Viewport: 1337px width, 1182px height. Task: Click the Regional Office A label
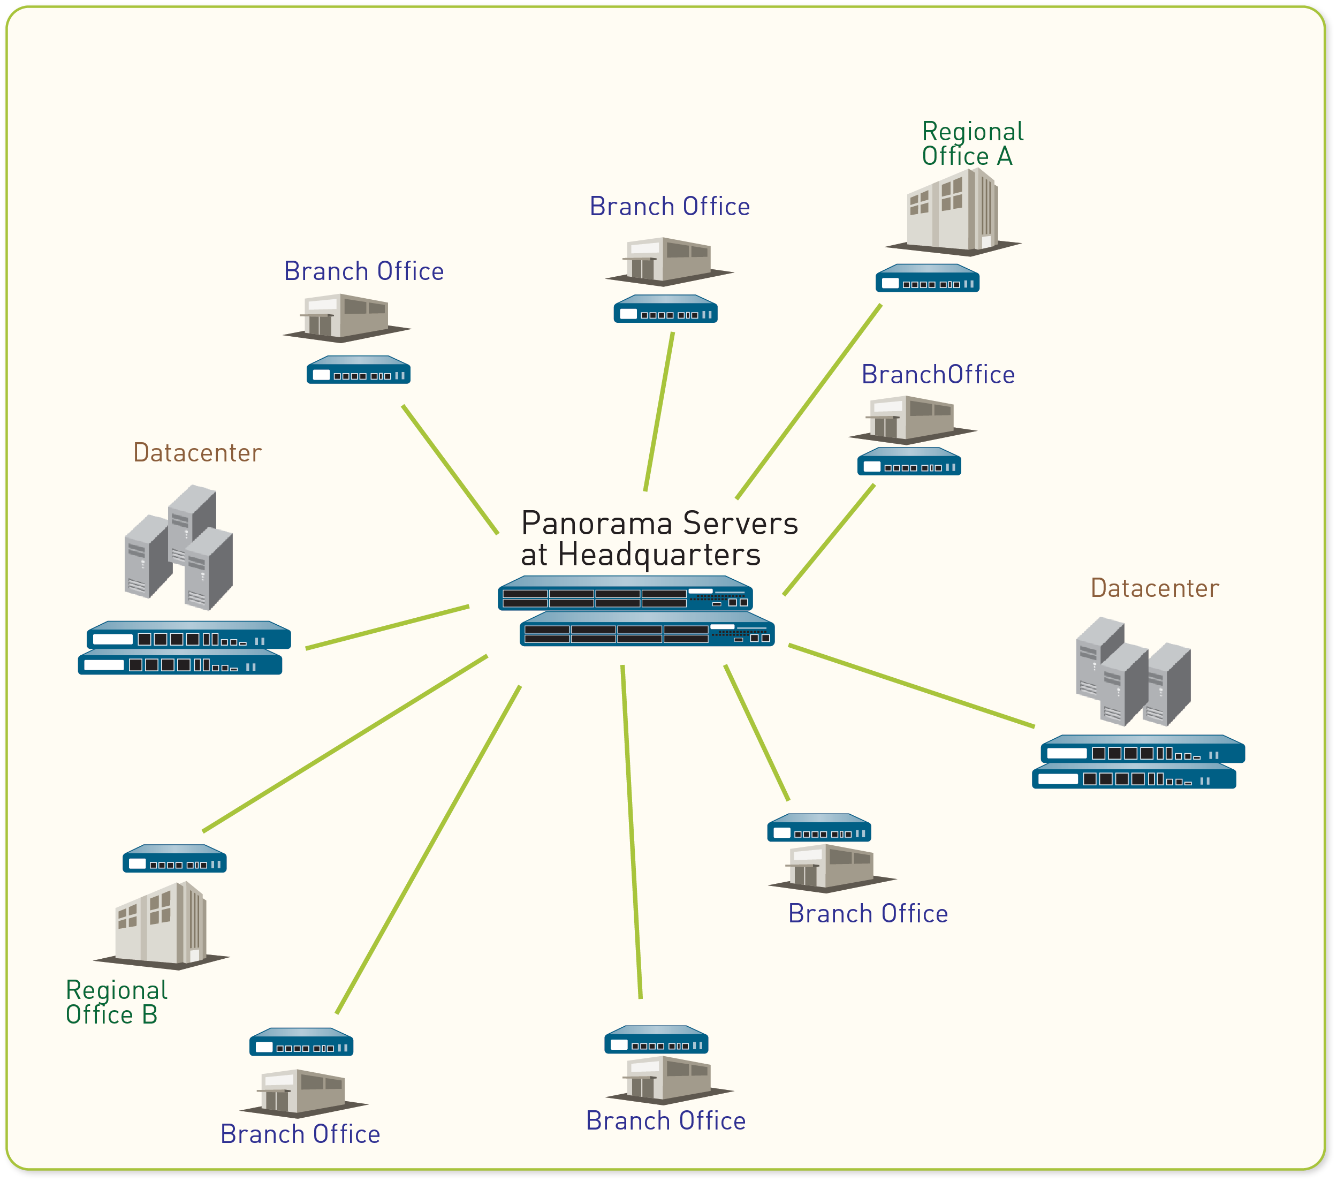pos(972,144)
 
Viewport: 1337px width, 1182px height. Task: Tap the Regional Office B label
pos(116,1002)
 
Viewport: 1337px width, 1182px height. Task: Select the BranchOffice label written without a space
pos(937,375)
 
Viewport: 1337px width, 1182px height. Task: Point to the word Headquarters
pos(659,555)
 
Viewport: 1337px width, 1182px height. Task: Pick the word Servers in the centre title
pos(740,524)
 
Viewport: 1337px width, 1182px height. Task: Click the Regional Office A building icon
pos(953,211)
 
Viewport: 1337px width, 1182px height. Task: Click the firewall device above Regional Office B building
pos(174,859)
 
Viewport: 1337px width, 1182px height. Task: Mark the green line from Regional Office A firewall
pos(809,401)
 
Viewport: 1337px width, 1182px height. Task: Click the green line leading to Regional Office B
pos(345,744)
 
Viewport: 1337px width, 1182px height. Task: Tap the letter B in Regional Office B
pos(149,1015)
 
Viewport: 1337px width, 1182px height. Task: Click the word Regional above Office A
pos(972,132)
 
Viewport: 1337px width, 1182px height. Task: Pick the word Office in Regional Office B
pos(100,1015)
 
